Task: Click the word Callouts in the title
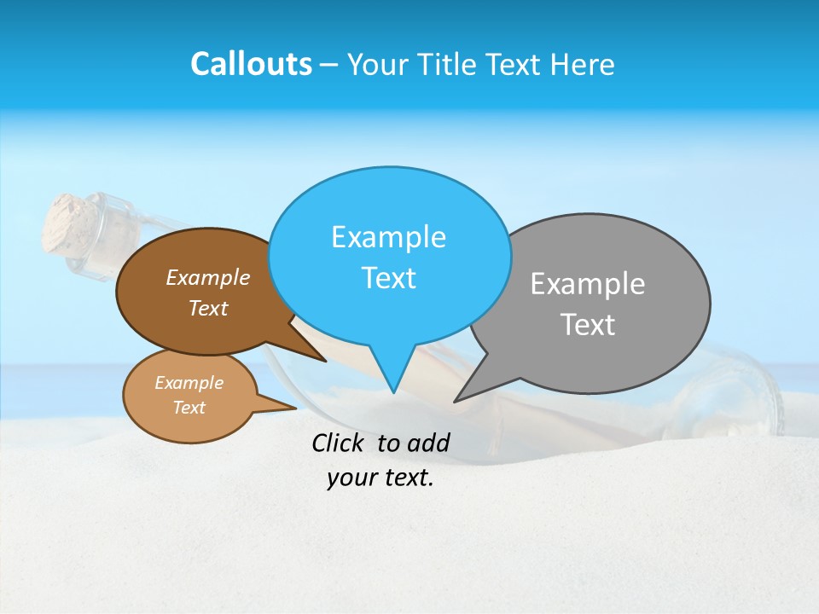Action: (251, 65)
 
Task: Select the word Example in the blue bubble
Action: (388, 237)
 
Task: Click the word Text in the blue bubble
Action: (388, 278)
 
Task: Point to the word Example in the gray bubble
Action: (588, 284)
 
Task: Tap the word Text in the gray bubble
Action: (588, 325)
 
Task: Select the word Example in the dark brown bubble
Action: (208, 278)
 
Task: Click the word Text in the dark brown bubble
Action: (208, 309)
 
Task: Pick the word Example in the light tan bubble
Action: (189, 383)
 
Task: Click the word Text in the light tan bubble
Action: (189, 408)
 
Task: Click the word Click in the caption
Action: (340, 443)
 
